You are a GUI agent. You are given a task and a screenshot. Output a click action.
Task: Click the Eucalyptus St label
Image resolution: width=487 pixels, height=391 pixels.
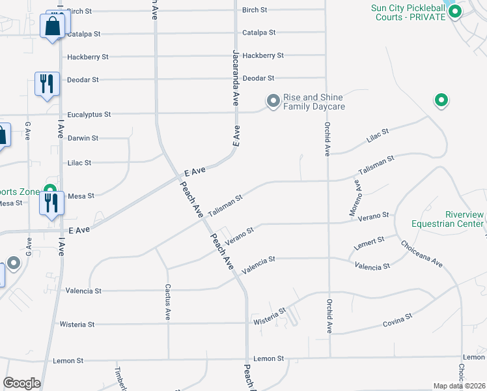click(89, 114)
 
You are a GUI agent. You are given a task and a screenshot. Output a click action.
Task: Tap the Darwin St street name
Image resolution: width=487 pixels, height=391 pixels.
click(83, 138)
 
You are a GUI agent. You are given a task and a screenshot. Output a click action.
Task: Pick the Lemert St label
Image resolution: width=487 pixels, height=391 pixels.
click(369, 242)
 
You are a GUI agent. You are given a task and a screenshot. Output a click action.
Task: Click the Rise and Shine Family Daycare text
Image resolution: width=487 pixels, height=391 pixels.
click(314, 102)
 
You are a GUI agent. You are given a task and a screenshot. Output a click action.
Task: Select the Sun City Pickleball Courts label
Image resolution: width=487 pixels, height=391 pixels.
click(408, 12)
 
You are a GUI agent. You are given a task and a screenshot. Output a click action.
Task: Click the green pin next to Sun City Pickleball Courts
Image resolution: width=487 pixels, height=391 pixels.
click(455, 11)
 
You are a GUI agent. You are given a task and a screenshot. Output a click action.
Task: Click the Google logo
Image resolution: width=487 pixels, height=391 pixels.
click(21, 383)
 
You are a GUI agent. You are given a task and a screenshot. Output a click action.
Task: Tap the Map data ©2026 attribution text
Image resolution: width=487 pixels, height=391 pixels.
click(460, 386)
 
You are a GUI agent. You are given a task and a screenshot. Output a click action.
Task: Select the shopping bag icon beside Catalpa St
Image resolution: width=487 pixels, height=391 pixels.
click(51, 27)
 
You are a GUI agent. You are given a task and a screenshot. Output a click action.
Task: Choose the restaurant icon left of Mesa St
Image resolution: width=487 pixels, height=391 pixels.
click(51, 204)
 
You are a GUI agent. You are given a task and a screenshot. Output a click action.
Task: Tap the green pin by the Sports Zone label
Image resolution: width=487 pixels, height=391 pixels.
click(49, 192)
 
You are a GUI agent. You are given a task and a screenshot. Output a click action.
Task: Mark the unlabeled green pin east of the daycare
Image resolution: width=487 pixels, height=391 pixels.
click(441, 100)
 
